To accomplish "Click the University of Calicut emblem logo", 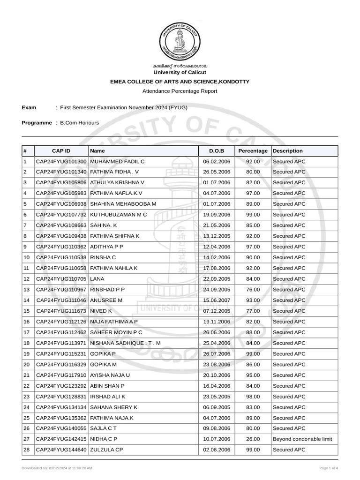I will [180, 38].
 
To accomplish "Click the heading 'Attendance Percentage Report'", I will [180, 91].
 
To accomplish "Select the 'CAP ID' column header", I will [61, 151].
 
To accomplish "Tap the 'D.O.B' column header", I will [216, 151].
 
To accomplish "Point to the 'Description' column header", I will [288, 151].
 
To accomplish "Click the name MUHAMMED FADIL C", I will [117, 161].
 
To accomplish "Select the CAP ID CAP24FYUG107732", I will [61, 215].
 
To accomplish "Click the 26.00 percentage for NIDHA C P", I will [253, 439].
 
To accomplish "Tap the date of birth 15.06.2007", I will [216, 300].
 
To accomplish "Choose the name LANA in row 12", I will [97, 279].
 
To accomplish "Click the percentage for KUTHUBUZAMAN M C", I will [253, 215].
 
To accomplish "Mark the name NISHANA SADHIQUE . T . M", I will [125, 343].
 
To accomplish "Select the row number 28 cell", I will [27, 450].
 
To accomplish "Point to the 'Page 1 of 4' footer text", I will [329, 468].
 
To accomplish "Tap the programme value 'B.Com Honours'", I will [79, 122].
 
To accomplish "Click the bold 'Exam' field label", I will [29, 108].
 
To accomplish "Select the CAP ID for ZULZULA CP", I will [61, 450].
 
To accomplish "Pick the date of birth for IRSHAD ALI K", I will [216, 397].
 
